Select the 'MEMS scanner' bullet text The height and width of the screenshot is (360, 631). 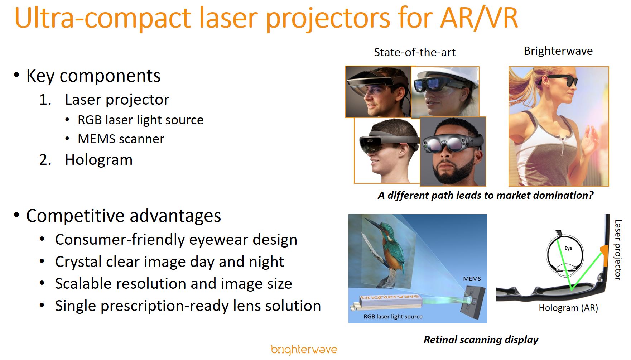[x=121, y=139]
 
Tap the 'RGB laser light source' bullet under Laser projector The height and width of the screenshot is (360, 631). [x=140, y=120]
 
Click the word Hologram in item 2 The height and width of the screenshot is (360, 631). [x=98, y=160]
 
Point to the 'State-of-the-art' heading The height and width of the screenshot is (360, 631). [x=415, y=52]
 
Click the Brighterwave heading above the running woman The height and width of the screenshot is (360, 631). [x=558, y=51]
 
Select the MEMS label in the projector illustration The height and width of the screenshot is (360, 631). [x=472, y=279]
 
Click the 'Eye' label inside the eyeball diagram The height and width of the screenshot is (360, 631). [x=568, y=248]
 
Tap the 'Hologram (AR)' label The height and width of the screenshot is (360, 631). [x=568, y=308]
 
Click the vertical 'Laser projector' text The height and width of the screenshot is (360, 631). [x=618, y=250]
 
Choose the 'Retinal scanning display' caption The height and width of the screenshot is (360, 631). [x=481, y=340]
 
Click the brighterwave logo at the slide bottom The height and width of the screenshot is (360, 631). [x=304, y=350]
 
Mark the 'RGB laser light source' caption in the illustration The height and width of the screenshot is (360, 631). [x=393, y=317]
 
